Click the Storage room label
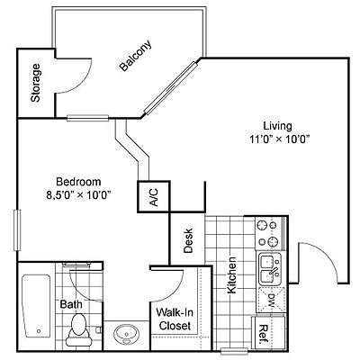coord(36,83)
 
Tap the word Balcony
coord(136,56)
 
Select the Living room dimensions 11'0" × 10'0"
coord(279,139)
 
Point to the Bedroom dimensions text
coord(78,195)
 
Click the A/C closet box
coord(154,197)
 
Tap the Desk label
coord(188,240)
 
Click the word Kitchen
coord(231,275)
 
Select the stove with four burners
coord(269,233)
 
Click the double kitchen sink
coord(270,269)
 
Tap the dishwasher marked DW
coord(271,300)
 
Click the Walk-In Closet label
coord(175,319)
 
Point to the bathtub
coord(36,305)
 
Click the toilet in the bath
coord(79,329)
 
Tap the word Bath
coord(71,304)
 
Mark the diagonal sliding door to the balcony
coord(172,88)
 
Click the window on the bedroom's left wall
coord(17,230)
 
